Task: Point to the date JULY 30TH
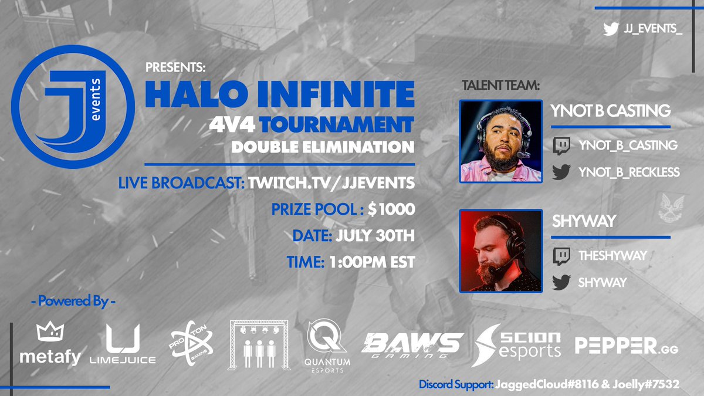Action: pyautogui.click(x=375, y=236)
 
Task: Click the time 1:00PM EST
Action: pyautogui.click(x=370, y=262)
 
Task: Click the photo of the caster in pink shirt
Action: pyautogui.click(x=500, y=141)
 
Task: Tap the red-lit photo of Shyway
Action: pyautogui.click(x=500, y=251)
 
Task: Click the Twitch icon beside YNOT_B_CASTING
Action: pyautogui.click(x=561, y=145)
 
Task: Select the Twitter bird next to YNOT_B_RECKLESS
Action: pyautogui.click(x=561, y=171)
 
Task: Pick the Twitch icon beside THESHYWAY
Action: pyautogui.click(x=561, y=256)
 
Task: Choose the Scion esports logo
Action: pyautogui.click(x=517, y=343)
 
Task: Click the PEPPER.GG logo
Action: pyautogui.click(x=627, y=346)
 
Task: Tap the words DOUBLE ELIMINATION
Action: pyautogui.click(x=323, y=147)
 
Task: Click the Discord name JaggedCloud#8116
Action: pyautogui.click(x=558, y=385)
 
